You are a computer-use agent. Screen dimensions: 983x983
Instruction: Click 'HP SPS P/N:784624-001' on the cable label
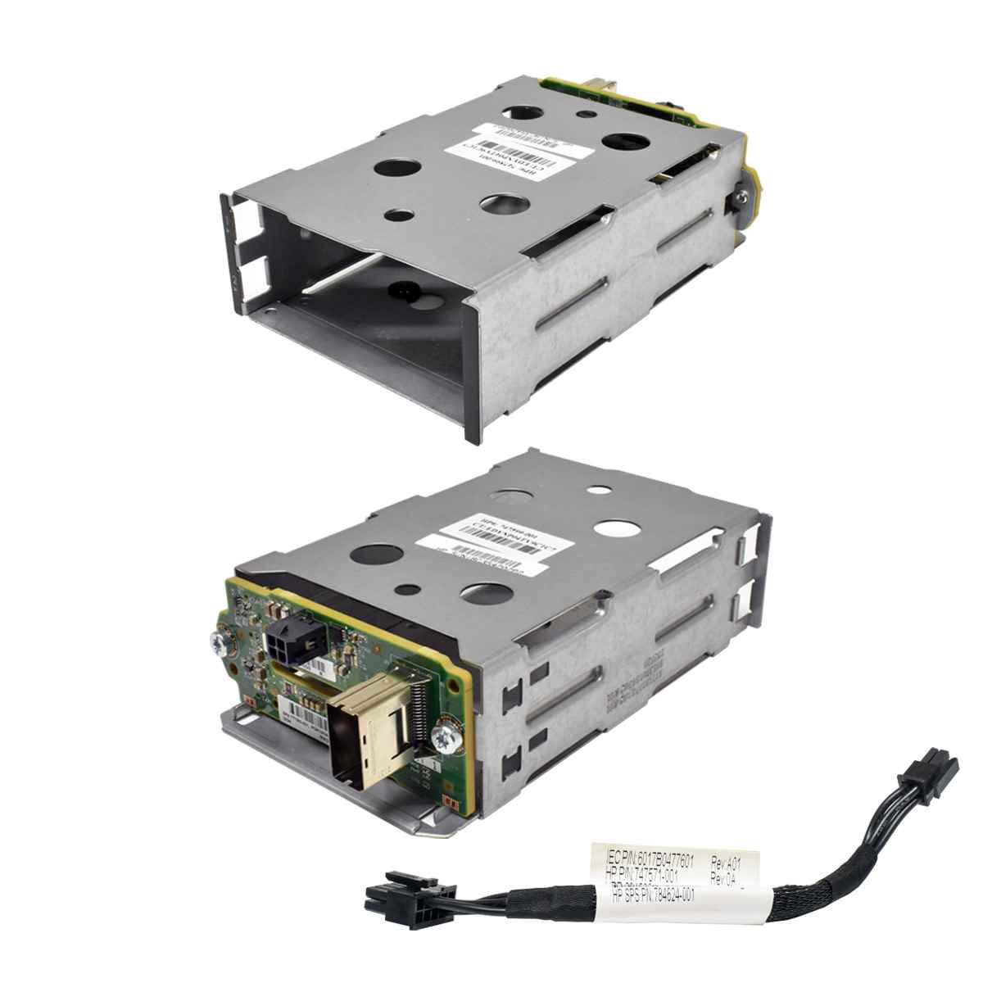coord(652,896)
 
